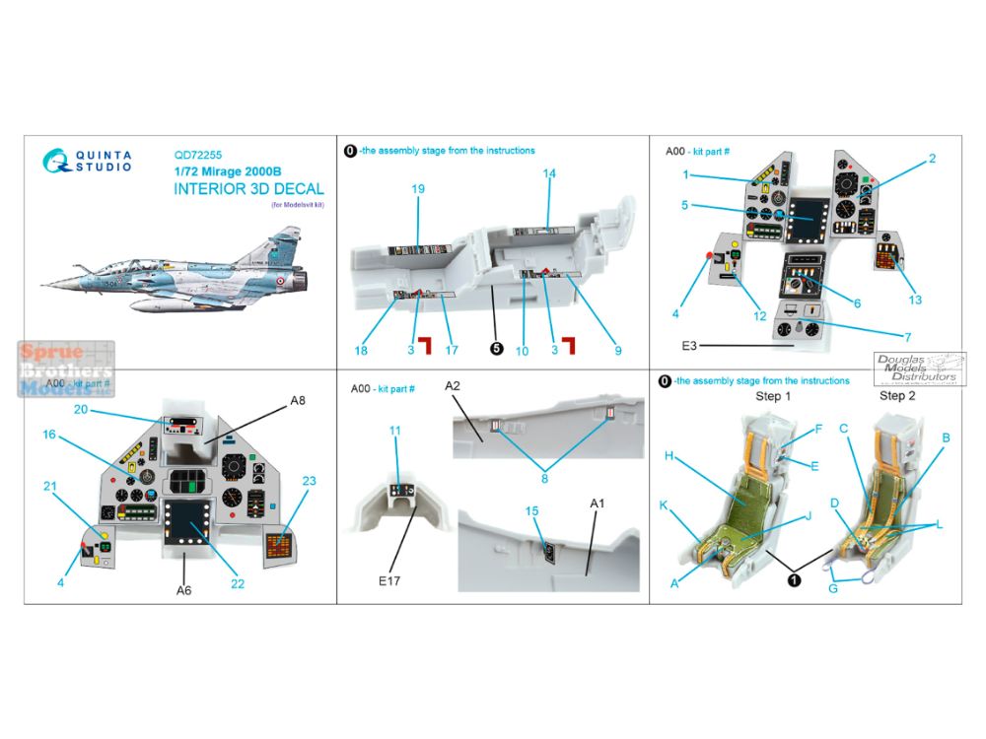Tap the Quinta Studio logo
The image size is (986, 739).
[88, 161]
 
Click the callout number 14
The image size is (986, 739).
[549, 174]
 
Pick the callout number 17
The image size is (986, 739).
[453, 349]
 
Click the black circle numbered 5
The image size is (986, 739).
[496, 348]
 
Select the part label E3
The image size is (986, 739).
[689, 347]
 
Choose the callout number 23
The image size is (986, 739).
[309, 481]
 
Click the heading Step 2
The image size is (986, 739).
[898, 396]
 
